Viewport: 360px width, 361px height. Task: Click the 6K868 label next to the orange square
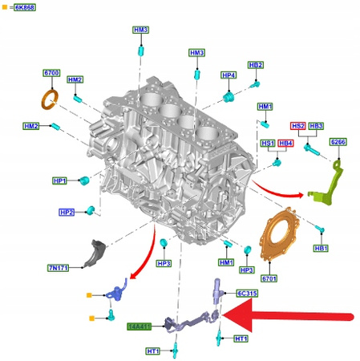tap(25, 7)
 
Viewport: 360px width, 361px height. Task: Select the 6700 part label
tap(51, 73)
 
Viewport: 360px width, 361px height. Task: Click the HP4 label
tap(229, 75)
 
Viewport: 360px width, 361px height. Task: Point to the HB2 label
tap(256, 65)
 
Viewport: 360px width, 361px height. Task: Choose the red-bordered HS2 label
tap(298, 126)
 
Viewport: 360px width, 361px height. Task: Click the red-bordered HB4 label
tap(285, 143)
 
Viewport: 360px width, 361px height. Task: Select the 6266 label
tap(338, 142)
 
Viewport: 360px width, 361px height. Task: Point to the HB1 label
tap(321, 248)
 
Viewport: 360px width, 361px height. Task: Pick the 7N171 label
tap(59, 268)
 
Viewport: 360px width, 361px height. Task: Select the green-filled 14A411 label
tap(139, 327)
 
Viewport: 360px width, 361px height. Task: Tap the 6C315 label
tap(248, 294)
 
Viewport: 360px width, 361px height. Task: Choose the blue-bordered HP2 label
tap(67, 213)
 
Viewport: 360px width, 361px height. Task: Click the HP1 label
tap(59, 180)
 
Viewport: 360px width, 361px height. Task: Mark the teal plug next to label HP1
tap(84, 180)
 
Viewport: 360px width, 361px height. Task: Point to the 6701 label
tap(269, 278)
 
